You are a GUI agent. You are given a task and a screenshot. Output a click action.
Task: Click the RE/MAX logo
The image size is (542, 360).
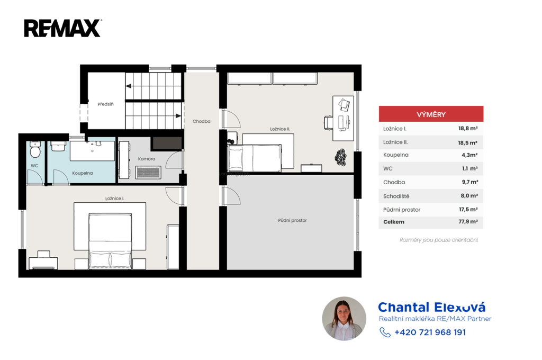[x=62, y=28]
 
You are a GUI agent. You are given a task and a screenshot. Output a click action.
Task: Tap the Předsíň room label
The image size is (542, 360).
[x=105, y=104]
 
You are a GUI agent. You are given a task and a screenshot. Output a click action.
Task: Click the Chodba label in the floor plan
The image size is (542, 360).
[x=202, y=121]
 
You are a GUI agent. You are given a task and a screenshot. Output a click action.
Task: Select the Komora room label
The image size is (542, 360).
[x=147, y=159]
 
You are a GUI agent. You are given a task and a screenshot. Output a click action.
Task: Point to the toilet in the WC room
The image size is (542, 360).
[x=35, y=149]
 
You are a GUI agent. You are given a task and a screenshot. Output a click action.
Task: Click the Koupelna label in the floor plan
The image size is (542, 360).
[x=82, y=173]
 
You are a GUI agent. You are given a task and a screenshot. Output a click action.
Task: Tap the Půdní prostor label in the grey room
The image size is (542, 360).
[x=292, y=220]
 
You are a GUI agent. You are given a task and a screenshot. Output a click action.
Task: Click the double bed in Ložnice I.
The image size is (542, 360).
[x=110, y=241]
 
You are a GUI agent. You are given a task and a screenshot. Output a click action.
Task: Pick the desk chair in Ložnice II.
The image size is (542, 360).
[x=328, y=123]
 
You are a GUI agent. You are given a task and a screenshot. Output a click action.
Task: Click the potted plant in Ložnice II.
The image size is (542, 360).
[x=341, y=157]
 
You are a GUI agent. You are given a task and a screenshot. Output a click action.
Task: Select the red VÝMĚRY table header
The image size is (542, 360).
[x=431, y=114]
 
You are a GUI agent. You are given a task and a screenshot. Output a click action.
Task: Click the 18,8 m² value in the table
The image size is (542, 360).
[x=468, y=128]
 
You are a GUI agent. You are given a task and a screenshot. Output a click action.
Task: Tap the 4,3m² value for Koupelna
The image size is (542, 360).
[x=469, y=155]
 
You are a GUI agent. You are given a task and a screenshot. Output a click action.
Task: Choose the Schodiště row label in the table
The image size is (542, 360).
[x=396, y=196]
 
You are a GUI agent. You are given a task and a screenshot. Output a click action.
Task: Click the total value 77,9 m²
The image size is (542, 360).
[x=468, y=222]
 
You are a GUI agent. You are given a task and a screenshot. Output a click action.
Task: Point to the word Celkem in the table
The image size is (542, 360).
[x=394, y=222]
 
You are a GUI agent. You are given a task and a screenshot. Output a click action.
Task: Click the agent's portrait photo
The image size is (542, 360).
[x=344, y=319]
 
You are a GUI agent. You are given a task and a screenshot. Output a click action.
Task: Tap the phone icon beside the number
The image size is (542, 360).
[x=385, y=332]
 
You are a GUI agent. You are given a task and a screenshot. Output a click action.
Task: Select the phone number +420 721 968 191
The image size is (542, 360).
[x=430, y=332]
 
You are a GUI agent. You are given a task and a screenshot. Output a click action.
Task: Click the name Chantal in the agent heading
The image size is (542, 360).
[x=403, y=307]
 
